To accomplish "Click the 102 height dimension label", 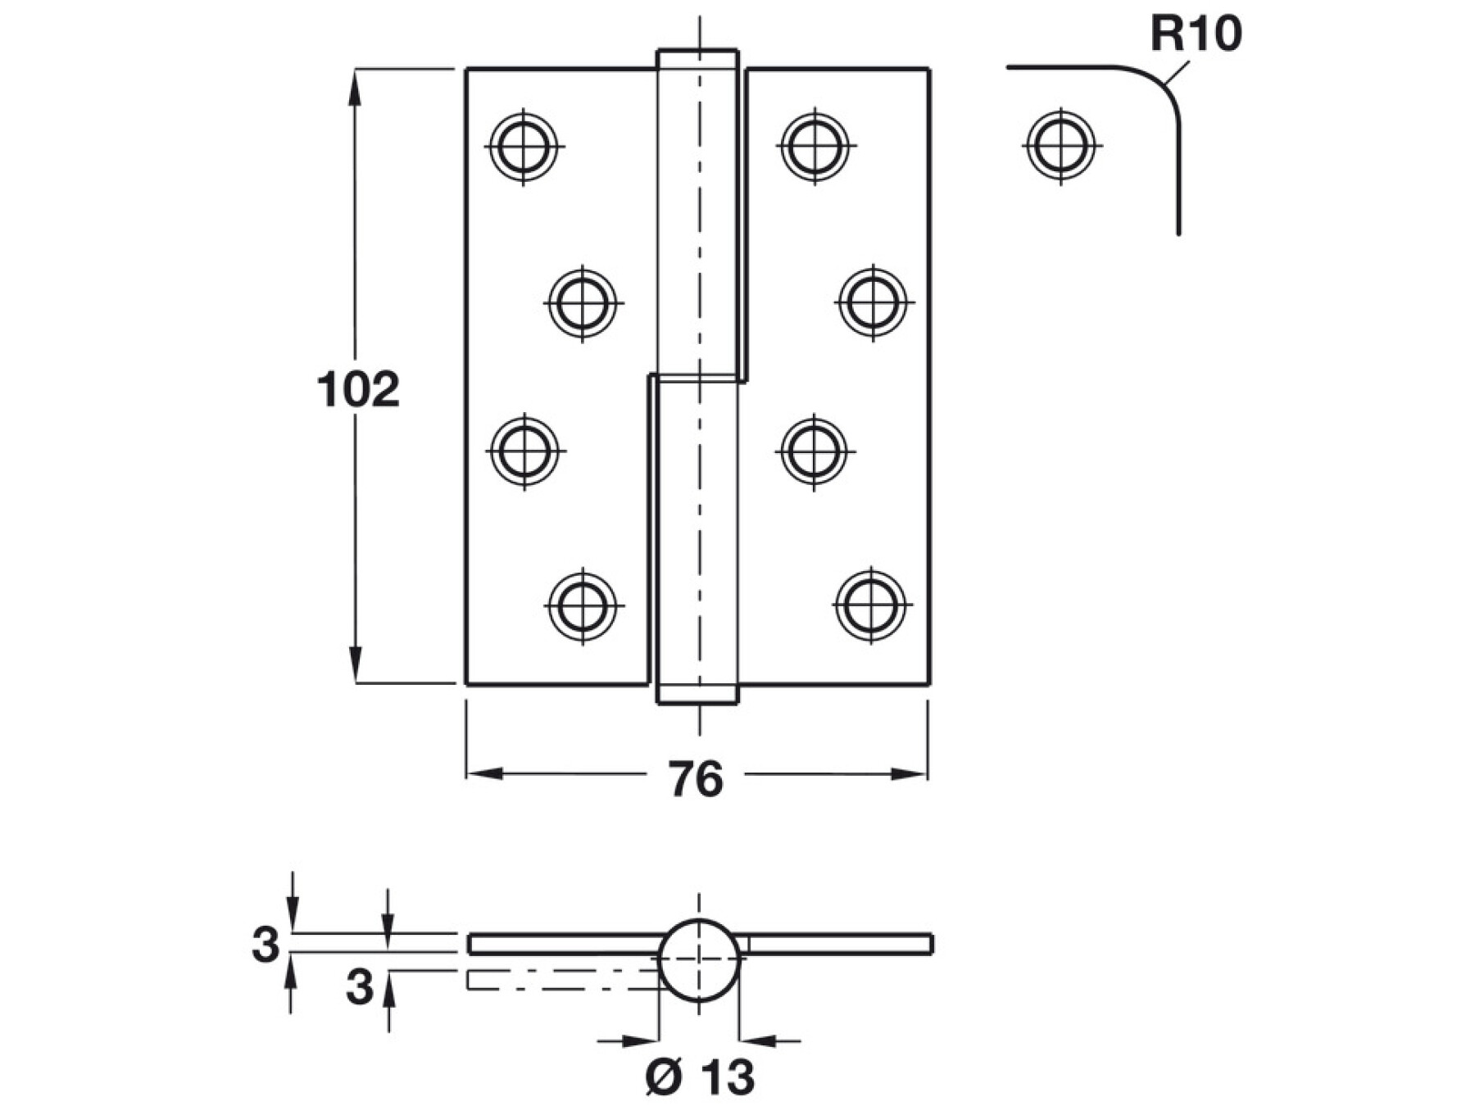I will [x=358, y=390].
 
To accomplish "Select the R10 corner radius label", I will [x=1196, y=34].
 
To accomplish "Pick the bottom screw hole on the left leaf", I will [x=583, y=606].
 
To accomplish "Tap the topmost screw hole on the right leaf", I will [x=814, y=147].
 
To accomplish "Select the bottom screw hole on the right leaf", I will [x=872, y=605].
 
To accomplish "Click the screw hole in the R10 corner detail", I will [x=1061, y=146].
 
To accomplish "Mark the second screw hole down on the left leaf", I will [x=583, y=302].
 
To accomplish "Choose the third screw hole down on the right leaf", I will [x=814, y=451].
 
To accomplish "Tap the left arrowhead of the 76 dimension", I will [x=483, y=773].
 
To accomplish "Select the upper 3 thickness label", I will [x=265, y=945].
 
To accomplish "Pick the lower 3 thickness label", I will [x=359, y=988].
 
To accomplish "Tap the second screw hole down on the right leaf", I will [x=873, y=301].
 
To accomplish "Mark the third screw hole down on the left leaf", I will [x=524, y=451].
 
